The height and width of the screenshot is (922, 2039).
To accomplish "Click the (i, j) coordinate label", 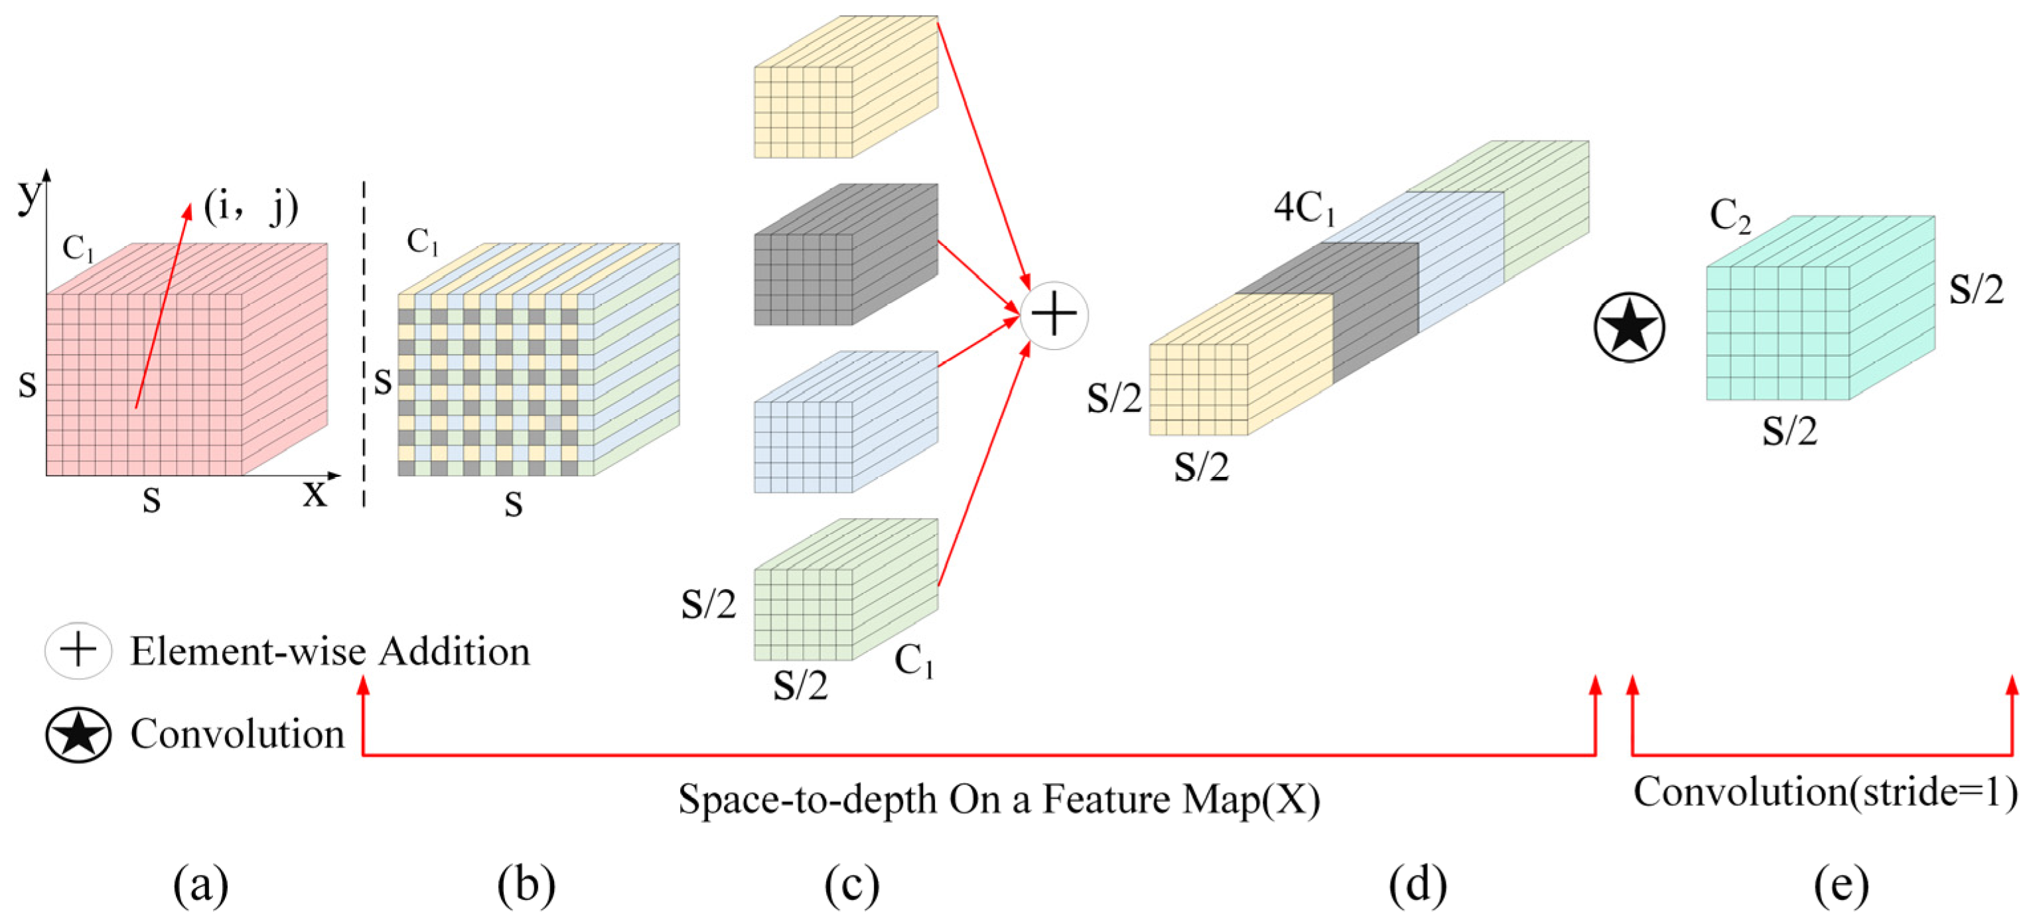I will point(251,208).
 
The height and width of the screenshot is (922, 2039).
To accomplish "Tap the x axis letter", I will point(315,493).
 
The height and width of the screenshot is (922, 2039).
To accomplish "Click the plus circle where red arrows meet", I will point(1054,315).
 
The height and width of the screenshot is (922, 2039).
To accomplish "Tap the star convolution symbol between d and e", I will point(1629,327).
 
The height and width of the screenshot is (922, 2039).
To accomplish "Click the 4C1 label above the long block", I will point(1304,209).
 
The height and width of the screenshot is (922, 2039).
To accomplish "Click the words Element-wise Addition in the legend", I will point(330,651).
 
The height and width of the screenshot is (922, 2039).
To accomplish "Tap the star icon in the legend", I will point(78,734).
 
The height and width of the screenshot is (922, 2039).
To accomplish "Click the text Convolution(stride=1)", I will point(1825,791).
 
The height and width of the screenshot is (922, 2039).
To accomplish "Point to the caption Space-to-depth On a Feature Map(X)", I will point(999,799).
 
